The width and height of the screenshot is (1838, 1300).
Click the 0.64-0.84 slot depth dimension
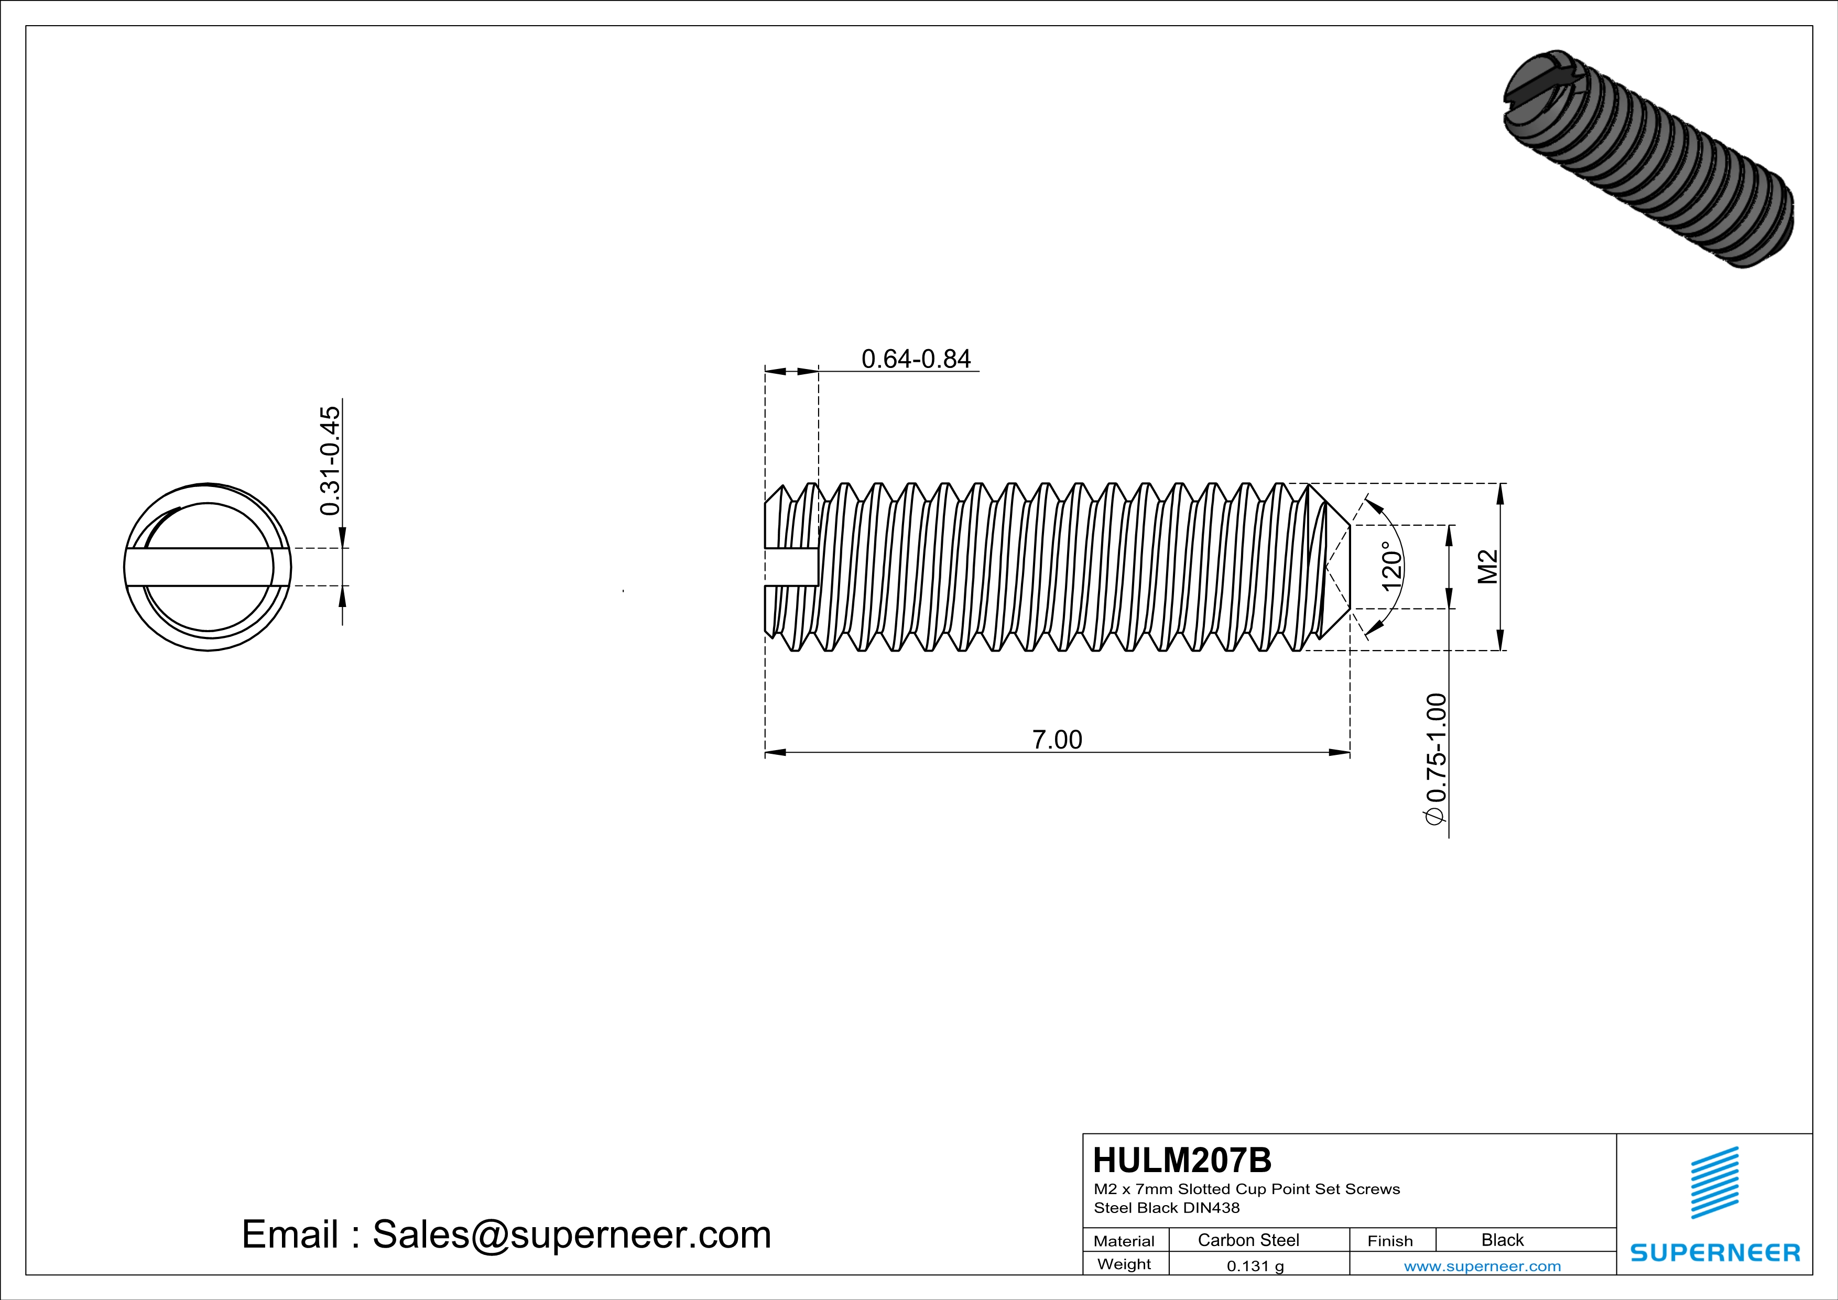(x=916, y=359)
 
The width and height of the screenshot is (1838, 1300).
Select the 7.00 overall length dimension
(x=1057, y=740)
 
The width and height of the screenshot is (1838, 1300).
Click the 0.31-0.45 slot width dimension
(x=330, y=461)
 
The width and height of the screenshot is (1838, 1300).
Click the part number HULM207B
(x=1181, y=1160)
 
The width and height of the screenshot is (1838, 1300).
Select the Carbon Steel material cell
(x=1248, y=1240)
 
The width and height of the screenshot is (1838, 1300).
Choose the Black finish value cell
(x=1502, y=1240)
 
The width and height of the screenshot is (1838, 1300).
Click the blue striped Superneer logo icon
(x=1715, y=1183)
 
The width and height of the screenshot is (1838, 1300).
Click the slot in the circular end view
(x=206, y=567)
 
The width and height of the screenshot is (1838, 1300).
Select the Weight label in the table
(x=1124, y=1264)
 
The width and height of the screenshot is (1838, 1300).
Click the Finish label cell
(x=1390, y=1241)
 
